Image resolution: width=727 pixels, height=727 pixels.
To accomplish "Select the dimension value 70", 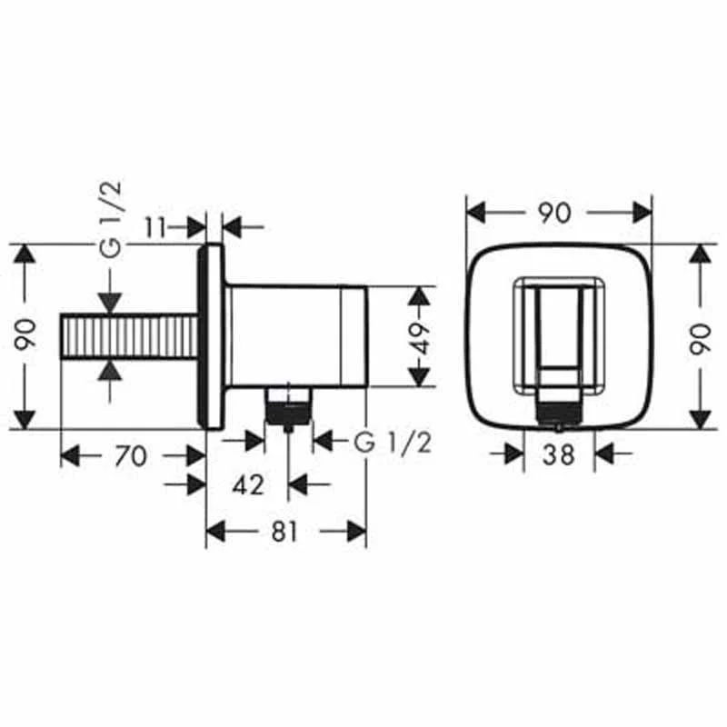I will tap(131, 455).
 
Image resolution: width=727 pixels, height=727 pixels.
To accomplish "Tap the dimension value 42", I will tap(247, 485).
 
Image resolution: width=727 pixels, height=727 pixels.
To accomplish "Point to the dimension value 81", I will tap(284, 532).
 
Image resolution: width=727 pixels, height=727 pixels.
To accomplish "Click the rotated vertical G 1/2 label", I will tap(110, 222).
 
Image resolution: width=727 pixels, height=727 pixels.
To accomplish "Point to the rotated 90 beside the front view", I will tap(701, 336).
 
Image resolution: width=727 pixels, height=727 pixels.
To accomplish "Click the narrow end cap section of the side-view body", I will tap(355, 337).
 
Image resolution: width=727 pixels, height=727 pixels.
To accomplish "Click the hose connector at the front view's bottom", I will tap(558, 410).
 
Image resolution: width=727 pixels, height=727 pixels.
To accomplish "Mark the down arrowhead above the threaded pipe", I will tap(109, 304).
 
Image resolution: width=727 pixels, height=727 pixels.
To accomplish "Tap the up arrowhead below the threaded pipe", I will tap(109, 370).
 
